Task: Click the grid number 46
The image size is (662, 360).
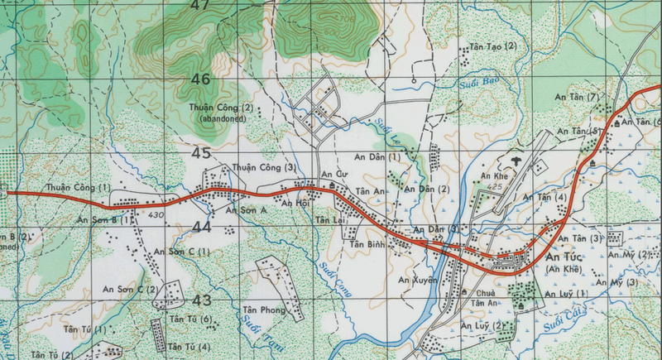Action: [200, 79]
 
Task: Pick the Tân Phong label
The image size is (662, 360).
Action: [262, 311]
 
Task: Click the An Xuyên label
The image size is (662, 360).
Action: [416, 281]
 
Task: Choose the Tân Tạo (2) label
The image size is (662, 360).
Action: [492, 46]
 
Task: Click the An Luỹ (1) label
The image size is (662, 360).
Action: [566, 294]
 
